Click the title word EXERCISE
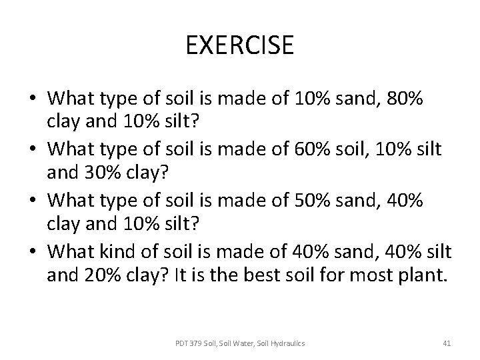coord(240,45)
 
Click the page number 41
coord(447,343)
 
